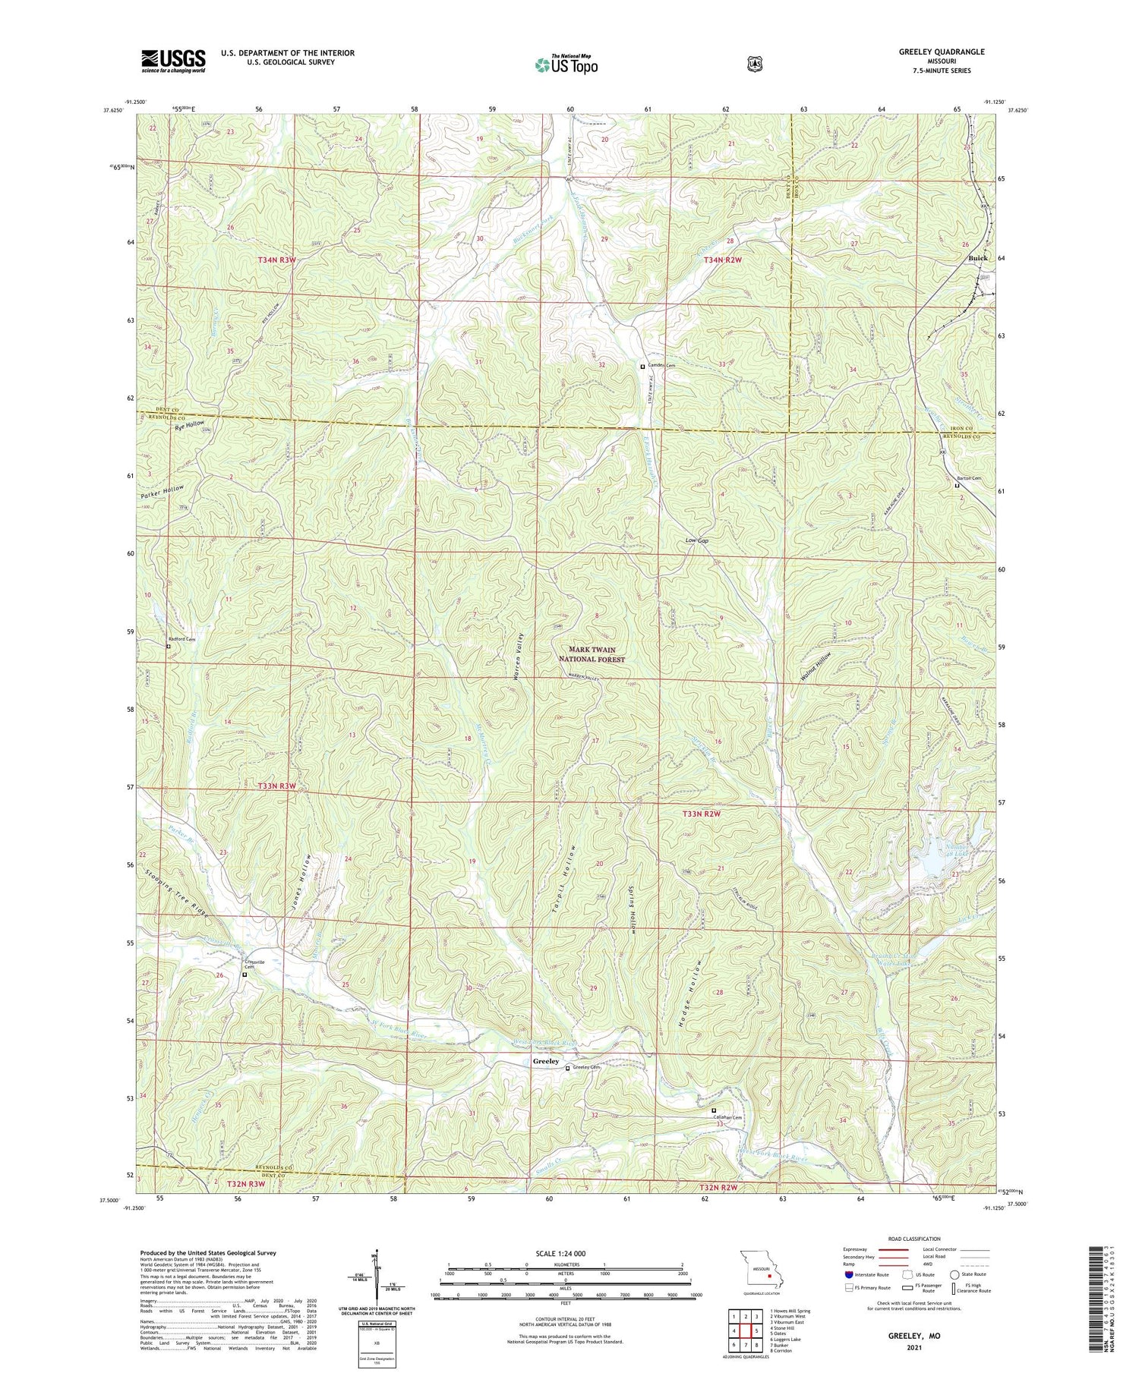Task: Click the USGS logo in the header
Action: [x=173, y=61]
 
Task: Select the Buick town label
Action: [x=978, y=258]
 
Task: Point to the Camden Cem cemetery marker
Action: [x=642, y=366]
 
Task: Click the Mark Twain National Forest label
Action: [x=592, y=654]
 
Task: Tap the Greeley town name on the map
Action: [x=545, y=1060]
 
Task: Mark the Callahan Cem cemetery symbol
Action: [x=713, y=1110]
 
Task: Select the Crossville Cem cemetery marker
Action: [x=244, y=974]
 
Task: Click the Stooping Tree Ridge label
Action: [x=176, y=891]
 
